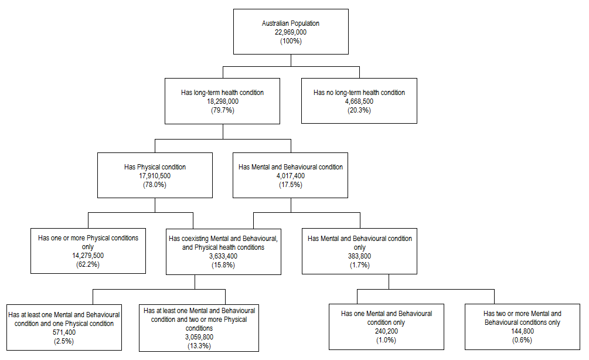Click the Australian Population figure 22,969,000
coord(291,32)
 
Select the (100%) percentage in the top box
coord(291,41)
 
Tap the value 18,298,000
coord(222,101)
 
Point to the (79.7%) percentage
coord(222,110)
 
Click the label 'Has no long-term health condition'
coord(359,93)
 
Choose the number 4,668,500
coord(359,101)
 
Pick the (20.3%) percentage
coord(359,110)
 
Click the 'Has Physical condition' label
coord(155,167)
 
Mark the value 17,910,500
coord(155,176)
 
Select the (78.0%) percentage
coord(155,185)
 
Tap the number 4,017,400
coord(291,176)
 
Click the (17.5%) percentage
coord(291,185)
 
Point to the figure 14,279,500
coord(88,256)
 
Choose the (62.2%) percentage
coord(88,265)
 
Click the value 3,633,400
coord(223,256)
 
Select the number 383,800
coord(359,256)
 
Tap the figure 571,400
coord(64,332)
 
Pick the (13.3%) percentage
coord(199,346)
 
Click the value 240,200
coord(386,331)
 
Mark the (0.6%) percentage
coord(522,340)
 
